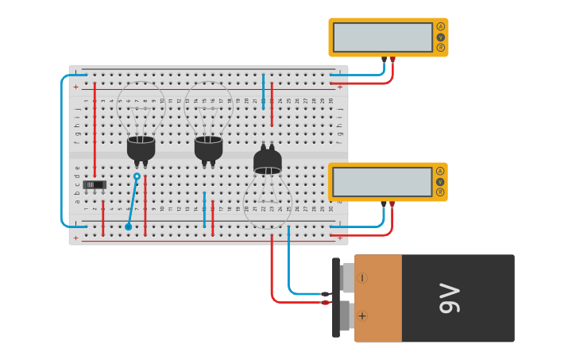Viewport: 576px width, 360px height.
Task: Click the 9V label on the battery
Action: [x=449, y=298]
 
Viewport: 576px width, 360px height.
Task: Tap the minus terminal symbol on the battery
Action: [x=362, y=277]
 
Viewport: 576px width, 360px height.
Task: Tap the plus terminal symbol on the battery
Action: [x=362, y=315]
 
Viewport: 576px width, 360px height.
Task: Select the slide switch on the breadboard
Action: [x=95, y=184]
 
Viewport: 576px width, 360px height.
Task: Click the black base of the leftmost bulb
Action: [x=141, y=148]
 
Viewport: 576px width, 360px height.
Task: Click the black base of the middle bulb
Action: [x=208, y=148]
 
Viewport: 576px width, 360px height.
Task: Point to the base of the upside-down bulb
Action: [x=268, y=161]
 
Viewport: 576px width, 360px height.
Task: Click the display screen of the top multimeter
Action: [x=382, y=37]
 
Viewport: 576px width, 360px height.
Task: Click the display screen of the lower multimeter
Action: [x=382, y=182]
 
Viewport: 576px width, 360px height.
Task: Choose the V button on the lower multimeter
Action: [x=440, y=182]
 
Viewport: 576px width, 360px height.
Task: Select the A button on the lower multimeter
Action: [x=440, y=171]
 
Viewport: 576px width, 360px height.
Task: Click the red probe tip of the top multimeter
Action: [x=392, y=60]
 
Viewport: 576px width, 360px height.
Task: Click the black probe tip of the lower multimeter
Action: [x=384, y=204]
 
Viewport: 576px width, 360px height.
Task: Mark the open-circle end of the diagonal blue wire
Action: [x=137, y=176]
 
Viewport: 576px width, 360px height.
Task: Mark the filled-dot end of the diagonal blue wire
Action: [x=128, y=226]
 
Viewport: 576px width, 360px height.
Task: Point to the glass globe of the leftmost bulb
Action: [x=141, y=107]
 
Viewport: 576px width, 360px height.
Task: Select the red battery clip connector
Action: [x=325, y=302]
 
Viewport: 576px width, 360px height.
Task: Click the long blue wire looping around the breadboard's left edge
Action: [x=62, y=151]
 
